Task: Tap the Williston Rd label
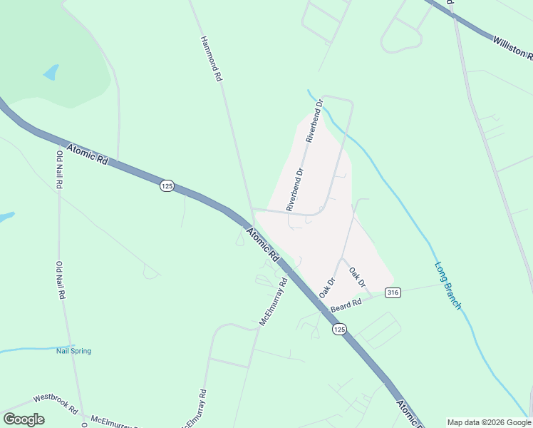click(512, 46)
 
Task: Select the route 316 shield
click(392, 292)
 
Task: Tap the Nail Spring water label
click(74, 351)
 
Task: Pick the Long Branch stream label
click(447, 286)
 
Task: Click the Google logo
click(24, 419)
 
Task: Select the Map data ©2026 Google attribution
click(489, 422)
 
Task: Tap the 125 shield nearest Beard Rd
click(338, 329)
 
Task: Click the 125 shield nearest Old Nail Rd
click(167, 185)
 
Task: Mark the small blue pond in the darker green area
click(51, 72)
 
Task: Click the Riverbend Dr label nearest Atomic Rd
click(295, 189)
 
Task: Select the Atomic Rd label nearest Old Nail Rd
click(87, 154)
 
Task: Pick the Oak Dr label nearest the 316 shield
click(358, 278)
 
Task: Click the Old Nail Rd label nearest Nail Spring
click(61, 280)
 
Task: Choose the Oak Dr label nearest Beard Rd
click(327, 287)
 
